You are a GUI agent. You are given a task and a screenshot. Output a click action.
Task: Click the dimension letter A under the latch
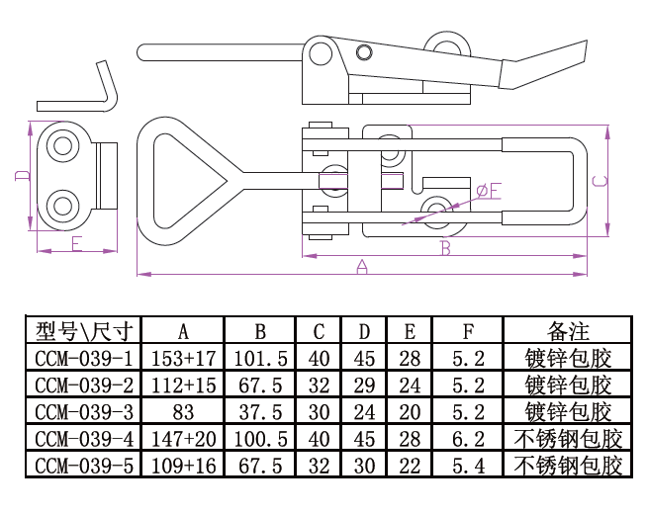point(361,266)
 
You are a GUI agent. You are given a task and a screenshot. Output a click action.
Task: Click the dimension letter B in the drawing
point(445,247)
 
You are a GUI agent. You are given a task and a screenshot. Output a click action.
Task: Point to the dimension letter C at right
point(599,181)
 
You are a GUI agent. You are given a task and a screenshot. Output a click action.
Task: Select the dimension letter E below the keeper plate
point(76,244)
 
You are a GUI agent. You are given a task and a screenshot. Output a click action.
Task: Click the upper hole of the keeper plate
point(64,146)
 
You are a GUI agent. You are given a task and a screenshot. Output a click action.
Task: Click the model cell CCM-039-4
point(83,438)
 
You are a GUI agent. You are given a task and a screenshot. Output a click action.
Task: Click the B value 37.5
point(260,411)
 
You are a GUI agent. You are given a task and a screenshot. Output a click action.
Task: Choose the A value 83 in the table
point(183,411)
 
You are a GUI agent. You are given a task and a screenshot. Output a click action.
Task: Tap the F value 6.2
point(468,438)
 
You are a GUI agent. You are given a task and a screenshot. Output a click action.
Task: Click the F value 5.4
point(468,465)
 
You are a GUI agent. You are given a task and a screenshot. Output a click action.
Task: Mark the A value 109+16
point(183,465)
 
